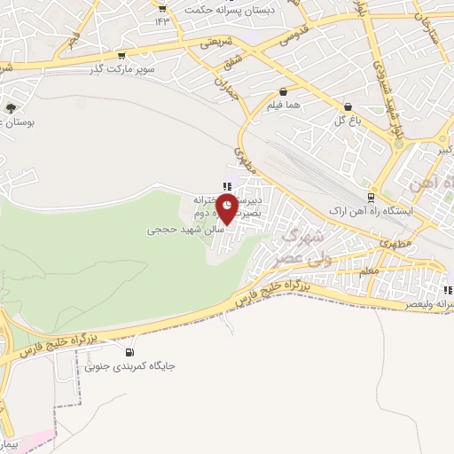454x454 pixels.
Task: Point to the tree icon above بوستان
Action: [11, 107]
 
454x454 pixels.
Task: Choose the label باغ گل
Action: [345, 121]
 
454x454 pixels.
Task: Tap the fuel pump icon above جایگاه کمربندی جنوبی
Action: [132, 351]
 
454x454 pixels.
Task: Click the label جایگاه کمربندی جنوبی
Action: [128, 364]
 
